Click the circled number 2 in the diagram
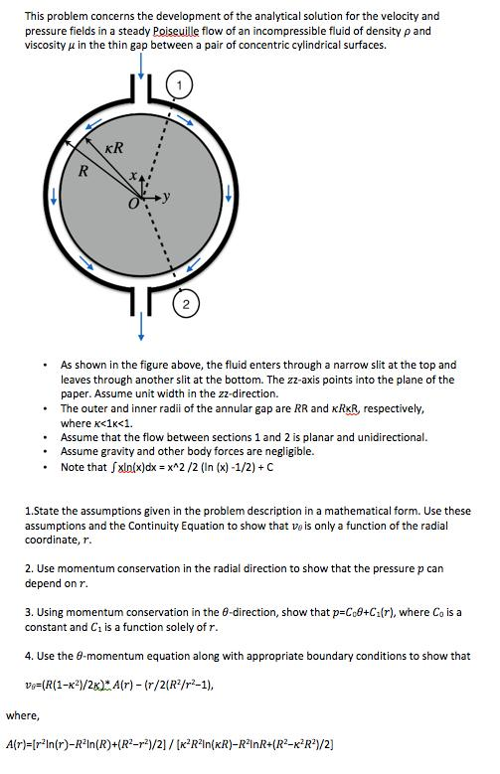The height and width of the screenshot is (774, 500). [186, 304]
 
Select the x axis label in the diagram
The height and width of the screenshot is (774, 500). [132, 175]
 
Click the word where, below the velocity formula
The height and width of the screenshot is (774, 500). [21, 712]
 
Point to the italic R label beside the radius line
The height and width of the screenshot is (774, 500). [84, 171]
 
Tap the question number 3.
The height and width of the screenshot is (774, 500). [29, 612]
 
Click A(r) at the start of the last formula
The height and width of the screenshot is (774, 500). [17, 742]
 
